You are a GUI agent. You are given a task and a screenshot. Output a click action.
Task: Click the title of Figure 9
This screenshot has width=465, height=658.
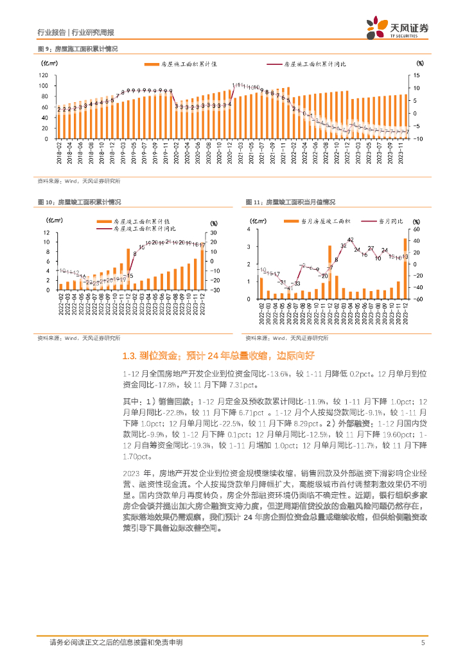click(x=80, y=49)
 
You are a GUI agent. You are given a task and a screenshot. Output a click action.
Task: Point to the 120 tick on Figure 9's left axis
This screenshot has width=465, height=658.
click(x=44, y=75)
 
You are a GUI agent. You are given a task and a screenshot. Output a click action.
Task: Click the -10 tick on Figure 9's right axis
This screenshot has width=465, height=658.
click(x=417, y=139)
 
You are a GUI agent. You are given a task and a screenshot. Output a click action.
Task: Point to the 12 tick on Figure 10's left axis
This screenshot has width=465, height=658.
click(x=46, y=232)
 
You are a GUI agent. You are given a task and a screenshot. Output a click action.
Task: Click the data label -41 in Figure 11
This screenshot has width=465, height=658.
click(x=289, y=288)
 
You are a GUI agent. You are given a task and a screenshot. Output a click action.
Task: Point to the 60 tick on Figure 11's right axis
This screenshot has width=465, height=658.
click(x=416, y=229)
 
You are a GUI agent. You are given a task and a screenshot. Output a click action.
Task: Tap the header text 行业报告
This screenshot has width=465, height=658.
click(x=51, y=31)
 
